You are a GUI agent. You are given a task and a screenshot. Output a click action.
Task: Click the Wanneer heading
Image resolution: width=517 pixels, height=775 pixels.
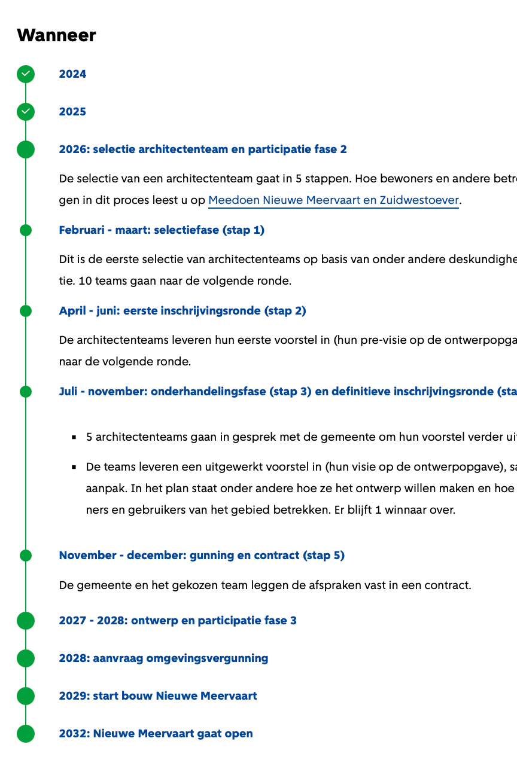[56, 35]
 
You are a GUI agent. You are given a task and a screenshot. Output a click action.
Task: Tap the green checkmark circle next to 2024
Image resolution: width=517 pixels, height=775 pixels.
[26, 74]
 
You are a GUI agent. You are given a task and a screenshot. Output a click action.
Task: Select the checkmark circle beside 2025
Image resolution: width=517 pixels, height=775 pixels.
[26, 112]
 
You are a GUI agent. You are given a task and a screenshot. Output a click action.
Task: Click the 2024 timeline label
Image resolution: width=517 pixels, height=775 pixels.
[72, 74]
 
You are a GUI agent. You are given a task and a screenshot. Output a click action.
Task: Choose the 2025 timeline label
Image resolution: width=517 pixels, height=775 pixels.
[72, 112]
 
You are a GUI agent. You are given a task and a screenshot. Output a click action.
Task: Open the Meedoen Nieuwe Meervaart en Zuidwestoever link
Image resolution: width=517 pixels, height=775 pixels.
[333, 200]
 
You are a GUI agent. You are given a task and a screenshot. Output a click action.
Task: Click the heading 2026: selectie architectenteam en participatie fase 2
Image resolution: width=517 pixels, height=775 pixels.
[203, 149]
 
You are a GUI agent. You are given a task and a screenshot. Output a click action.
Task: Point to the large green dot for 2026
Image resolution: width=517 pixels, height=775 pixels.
[26, 149]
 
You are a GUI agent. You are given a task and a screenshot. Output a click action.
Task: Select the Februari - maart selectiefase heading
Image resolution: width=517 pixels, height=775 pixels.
[162, 230]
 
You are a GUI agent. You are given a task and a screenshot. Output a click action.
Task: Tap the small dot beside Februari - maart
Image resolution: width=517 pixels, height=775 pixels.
[26, 230]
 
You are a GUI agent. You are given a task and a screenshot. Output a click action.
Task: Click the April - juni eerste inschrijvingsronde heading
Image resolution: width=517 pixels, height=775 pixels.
[183, 311]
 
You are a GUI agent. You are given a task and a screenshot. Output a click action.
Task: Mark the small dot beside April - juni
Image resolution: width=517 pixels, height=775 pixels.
[26, 311]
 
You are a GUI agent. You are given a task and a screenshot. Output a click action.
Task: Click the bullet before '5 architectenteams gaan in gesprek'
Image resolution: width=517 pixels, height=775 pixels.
[74, 437]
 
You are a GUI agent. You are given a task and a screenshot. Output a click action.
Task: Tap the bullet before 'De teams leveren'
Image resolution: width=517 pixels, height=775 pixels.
[74, 466]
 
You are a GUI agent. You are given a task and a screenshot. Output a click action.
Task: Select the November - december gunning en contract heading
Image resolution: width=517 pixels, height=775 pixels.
[202, 556]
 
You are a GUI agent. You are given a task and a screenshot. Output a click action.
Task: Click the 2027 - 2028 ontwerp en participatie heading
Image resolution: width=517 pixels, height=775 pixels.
[178, 621]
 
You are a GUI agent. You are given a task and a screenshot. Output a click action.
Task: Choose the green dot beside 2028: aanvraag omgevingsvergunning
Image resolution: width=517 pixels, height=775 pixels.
[26, 658]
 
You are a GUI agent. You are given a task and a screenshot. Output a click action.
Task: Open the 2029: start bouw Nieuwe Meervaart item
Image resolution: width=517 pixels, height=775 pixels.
[158, 696]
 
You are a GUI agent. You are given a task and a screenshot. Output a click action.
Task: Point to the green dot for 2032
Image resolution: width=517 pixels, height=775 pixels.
[26, 734]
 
